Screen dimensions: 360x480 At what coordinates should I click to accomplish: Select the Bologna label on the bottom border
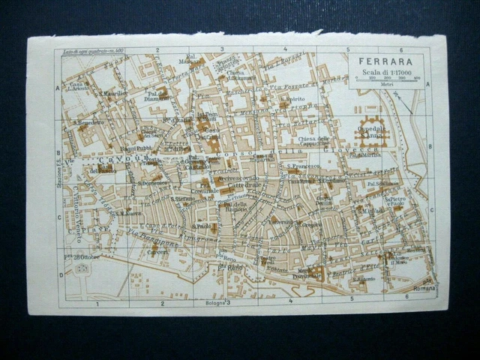click(x=213, y=302)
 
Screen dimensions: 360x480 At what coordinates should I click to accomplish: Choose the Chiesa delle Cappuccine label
click(x=313, y=141)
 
